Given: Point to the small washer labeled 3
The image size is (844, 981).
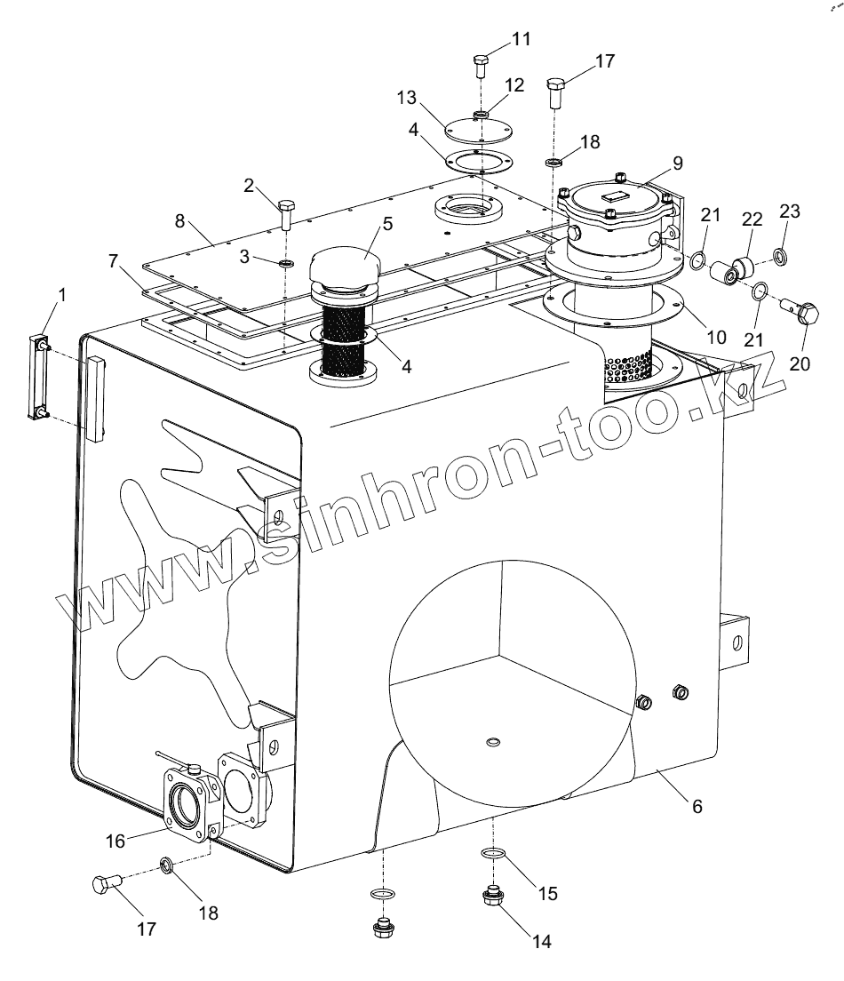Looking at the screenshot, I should (285, 264).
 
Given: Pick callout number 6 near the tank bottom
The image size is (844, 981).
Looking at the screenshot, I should (697, 806).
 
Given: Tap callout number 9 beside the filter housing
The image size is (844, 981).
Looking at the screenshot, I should (678, 163).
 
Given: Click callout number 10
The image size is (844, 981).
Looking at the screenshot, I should (716, 338).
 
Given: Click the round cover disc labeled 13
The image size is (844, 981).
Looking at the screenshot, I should (478, 131).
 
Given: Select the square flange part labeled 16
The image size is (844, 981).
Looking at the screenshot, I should (190, 802).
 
